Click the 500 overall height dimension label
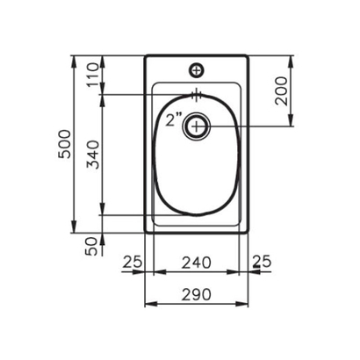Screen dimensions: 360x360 click(62, 145)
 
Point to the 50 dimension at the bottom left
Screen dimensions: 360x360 click(91, 247)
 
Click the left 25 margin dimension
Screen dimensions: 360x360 click(133, 261)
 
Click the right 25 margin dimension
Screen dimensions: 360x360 click(263, 261)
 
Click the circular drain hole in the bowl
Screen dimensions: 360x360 click(198, 127)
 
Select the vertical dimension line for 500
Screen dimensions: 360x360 click(75, 145)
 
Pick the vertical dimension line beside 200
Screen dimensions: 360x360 click(293, 92)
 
